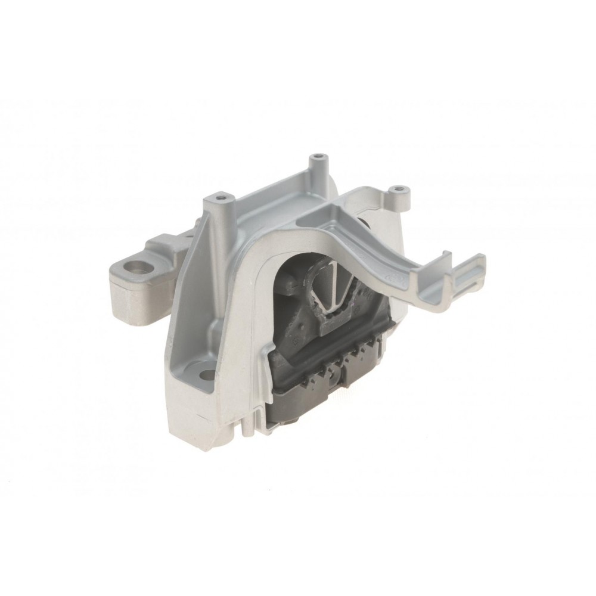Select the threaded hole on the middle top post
pyautogui.click(x=320, y=157)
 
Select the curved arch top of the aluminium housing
pyautogui.click(x=280, y=238)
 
